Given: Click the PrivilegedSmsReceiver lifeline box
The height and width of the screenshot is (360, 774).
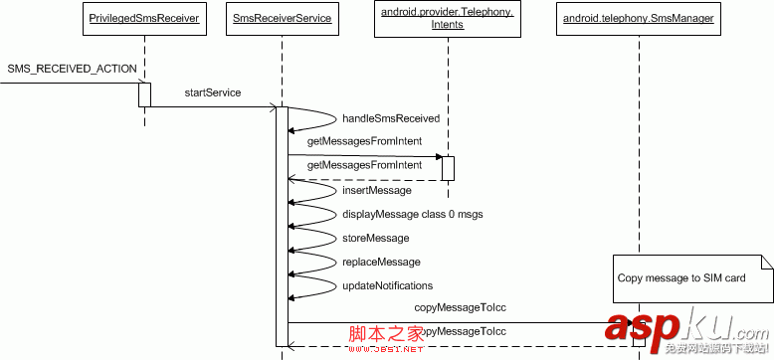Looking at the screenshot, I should [x=144, y=18].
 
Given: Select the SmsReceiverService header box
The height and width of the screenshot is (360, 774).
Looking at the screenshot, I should [x=283, y=18].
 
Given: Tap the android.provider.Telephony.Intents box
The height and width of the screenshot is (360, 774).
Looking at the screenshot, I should [x=448, y=19].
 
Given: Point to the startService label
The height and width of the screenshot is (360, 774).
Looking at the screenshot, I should [x=212, y=92].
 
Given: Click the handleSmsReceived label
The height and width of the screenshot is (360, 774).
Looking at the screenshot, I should [x=390, y=117].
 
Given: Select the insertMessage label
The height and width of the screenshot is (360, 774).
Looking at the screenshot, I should [x=376, y=190].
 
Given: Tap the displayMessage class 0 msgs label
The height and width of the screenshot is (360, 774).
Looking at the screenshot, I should [x=412, y=214].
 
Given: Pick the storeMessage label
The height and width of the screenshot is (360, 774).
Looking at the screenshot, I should [x=375, y=238].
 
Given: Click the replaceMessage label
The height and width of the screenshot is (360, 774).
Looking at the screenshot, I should [x=380, y=262].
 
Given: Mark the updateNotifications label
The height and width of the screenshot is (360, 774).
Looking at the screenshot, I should [x=387, y=285].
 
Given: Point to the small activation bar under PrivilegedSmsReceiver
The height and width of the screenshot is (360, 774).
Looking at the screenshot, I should [x=144, y=94].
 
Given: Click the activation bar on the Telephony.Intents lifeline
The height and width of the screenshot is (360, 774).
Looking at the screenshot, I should [x=448, y=168].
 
